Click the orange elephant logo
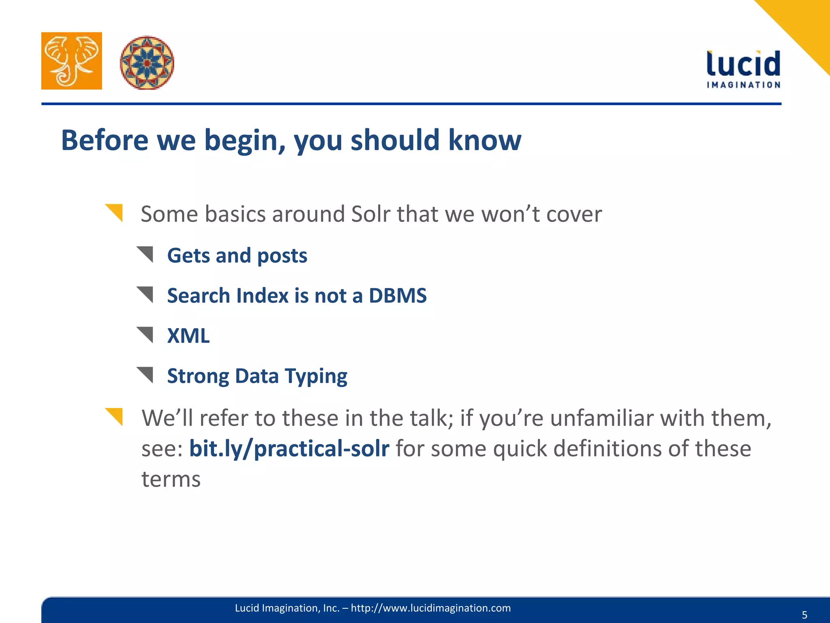(71, 61)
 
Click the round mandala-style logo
(147, 62)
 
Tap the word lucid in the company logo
(743, 64)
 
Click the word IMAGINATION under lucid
(743, 85)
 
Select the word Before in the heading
(105, 140)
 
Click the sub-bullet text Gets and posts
(237, 256)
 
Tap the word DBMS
(398, 295)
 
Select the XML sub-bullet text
(188, 336)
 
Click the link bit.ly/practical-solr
(289, 449)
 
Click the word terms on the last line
(171, 479)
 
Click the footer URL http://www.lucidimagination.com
(430, 608)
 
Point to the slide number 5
(804, 615)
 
